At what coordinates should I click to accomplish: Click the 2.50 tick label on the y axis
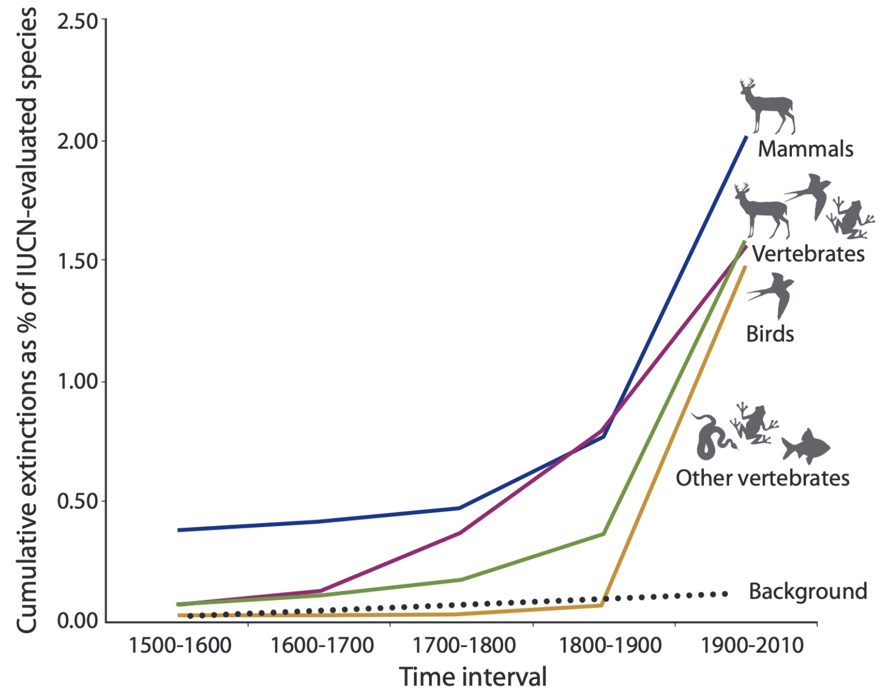(77, 22)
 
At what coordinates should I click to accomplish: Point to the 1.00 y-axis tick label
(77, 381)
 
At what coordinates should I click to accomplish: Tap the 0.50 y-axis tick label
(77, 501)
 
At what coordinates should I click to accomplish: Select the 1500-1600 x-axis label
(180, 645)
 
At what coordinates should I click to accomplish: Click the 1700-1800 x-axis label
(464, 645)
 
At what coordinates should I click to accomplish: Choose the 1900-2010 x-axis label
(752, 645)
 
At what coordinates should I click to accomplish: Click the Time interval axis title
(473, 677)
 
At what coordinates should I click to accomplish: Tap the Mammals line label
(805, 149)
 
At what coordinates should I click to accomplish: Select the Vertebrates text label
(808, 254)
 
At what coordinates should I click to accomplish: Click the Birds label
(770, 334)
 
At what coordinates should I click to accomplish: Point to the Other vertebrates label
(762, 478)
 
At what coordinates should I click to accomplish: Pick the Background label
(808, 591)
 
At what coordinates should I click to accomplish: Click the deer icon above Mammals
(767, 107)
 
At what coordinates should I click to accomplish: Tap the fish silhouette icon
(805, 446)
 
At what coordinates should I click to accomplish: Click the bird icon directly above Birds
(773, 294)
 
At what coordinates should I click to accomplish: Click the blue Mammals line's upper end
(746, 137)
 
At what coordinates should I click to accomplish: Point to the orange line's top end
(745, 266)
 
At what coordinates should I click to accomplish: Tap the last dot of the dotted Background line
(725, 594)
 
